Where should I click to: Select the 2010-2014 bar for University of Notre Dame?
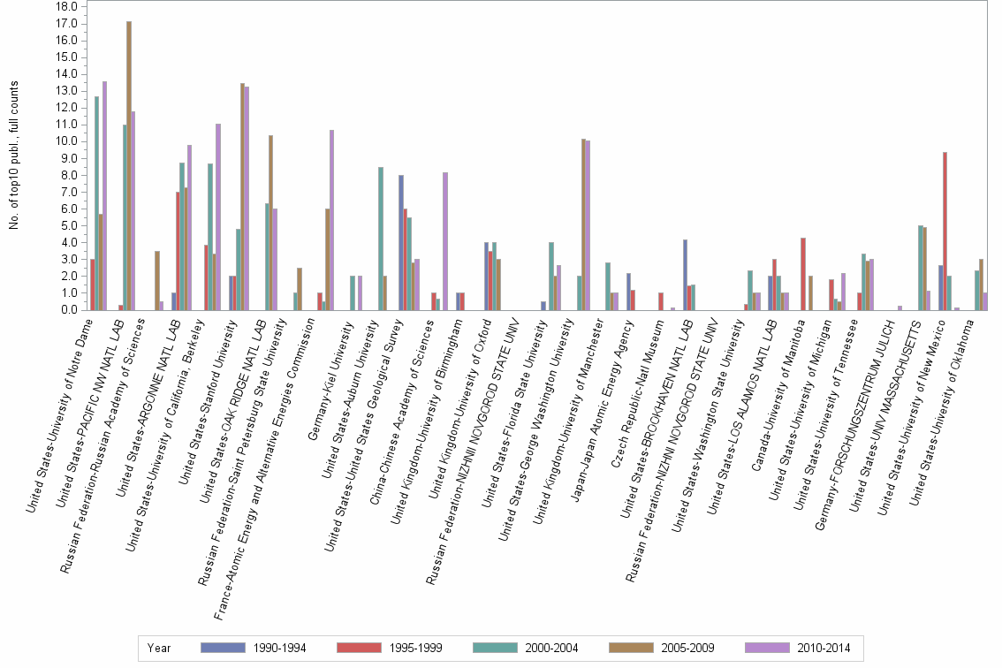104,195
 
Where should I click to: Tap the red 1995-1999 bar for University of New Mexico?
945,231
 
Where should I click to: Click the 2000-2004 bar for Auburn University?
381,239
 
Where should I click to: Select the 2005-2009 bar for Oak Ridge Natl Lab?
271,223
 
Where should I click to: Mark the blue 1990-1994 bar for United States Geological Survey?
401,242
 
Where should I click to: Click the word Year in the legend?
159,649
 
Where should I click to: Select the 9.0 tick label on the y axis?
71,158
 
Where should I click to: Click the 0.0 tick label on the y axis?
71,310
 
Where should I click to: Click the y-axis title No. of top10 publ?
13,155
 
